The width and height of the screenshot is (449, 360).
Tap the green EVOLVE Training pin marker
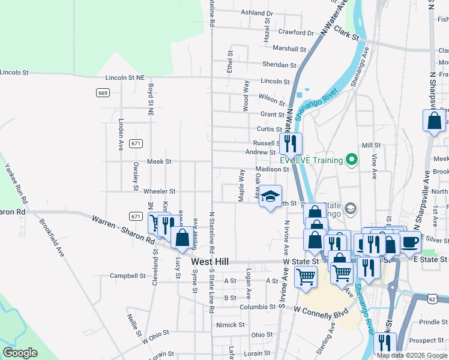click(352, 160)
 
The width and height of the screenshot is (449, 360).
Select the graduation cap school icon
click(270, 196)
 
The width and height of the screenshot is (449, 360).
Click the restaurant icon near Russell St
click(291, 143)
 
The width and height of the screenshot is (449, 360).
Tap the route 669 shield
click(103, 92)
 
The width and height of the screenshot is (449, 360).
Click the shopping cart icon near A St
click(306, 277)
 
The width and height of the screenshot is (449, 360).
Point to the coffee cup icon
click(411, 241)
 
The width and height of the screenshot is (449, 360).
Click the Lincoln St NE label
click(125, 77)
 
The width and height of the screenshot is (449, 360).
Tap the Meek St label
click(160, 161)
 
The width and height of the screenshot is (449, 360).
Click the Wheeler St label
click(159, 191)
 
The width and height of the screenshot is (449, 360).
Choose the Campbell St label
click(127, 276)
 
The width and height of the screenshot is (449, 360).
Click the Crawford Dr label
click(296, 32)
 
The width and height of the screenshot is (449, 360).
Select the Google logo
click(20, 353)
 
